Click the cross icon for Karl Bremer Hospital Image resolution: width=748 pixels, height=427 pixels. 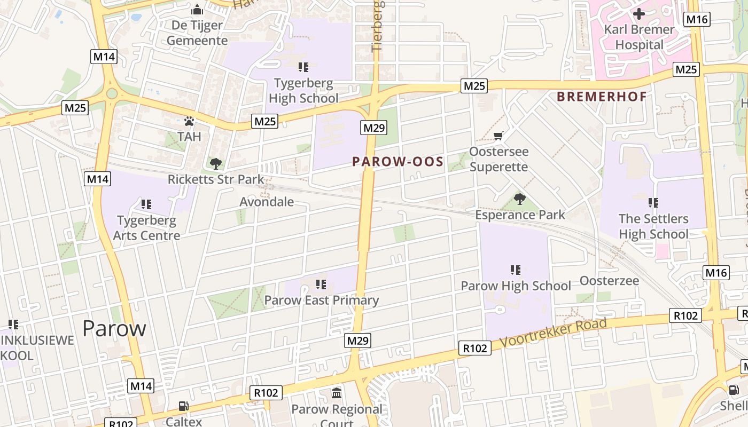638,13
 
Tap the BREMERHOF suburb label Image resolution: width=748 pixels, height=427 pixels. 602,97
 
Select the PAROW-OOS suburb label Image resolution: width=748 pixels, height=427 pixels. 398,162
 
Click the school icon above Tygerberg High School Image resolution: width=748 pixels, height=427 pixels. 303,67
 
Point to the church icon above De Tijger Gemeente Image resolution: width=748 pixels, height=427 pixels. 197,10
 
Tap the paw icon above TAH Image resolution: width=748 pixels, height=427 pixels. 189,121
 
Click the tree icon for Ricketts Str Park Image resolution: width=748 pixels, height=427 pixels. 216,163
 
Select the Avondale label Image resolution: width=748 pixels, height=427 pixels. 267,202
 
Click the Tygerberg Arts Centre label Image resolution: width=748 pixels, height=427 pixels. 146,228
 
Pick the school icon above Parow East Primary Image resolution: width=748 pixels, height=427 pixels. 321,284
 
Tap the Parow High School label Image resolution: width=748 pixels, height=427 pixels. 516,286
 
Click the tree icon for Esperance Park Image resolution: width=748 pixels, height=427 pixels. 519,200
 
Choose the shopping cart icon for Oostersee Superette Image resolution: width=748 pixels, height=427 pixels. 498,136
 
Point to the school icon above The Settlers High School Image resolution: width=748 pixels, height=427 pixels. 653,203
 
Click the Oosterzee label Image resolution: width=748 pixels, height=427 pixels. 609,281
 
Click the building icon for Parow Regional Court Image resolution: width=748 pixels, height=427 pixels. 337,393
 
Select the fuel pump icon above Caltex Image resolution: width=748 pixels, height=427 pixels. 183,406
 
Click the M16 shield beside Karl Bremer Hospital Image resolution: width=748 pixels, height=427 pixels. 697,20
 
